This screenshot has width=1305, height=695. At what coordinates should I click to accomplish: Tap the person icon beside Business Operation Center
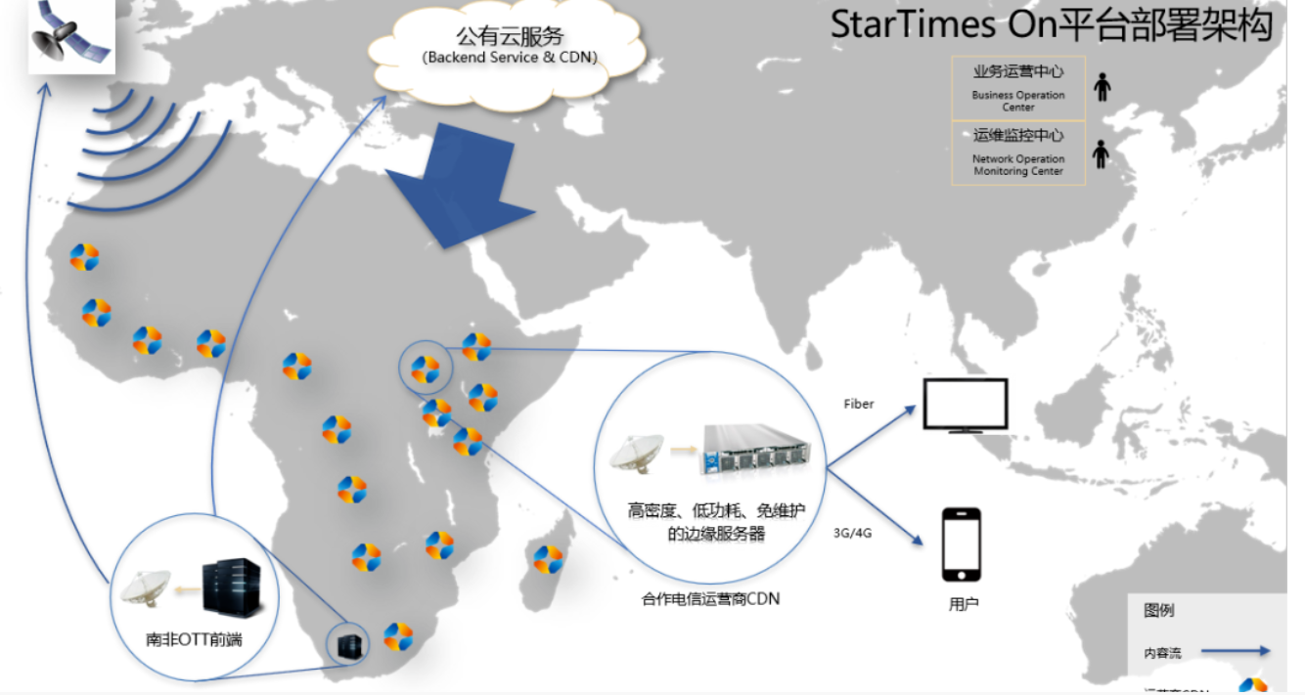tap(1102, 87)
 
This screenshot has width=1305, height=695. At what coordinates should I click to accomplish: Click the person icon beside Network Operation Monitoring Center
tap(1102, 154)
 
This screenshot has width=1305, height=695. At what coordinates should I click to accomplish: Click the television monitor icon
tap(965, 406)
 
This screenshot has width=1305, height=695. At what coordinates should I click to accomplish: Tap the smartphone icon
tap(961, 544)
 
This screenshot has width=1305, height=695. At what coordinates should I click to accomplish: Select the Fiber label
tap(858, 404)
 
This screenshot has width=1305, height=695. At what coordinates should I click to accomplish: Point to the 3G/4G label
tap(852, 534)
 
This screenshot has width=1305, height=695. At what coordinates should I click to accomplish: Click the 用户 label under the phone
tap(964, 605)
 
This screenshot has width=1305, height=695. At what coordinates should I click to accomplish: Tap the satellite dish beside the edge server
tap(637, 456)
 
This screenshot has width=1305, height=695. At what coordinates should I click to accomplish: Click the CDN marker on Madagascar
tap(548, 560)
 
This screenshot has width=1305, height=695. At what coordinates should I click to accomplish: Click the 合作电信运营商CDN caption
tap(710, 598)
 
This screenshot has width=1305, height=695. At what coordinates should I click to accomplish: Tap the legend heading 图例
tap(1158, 611)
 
